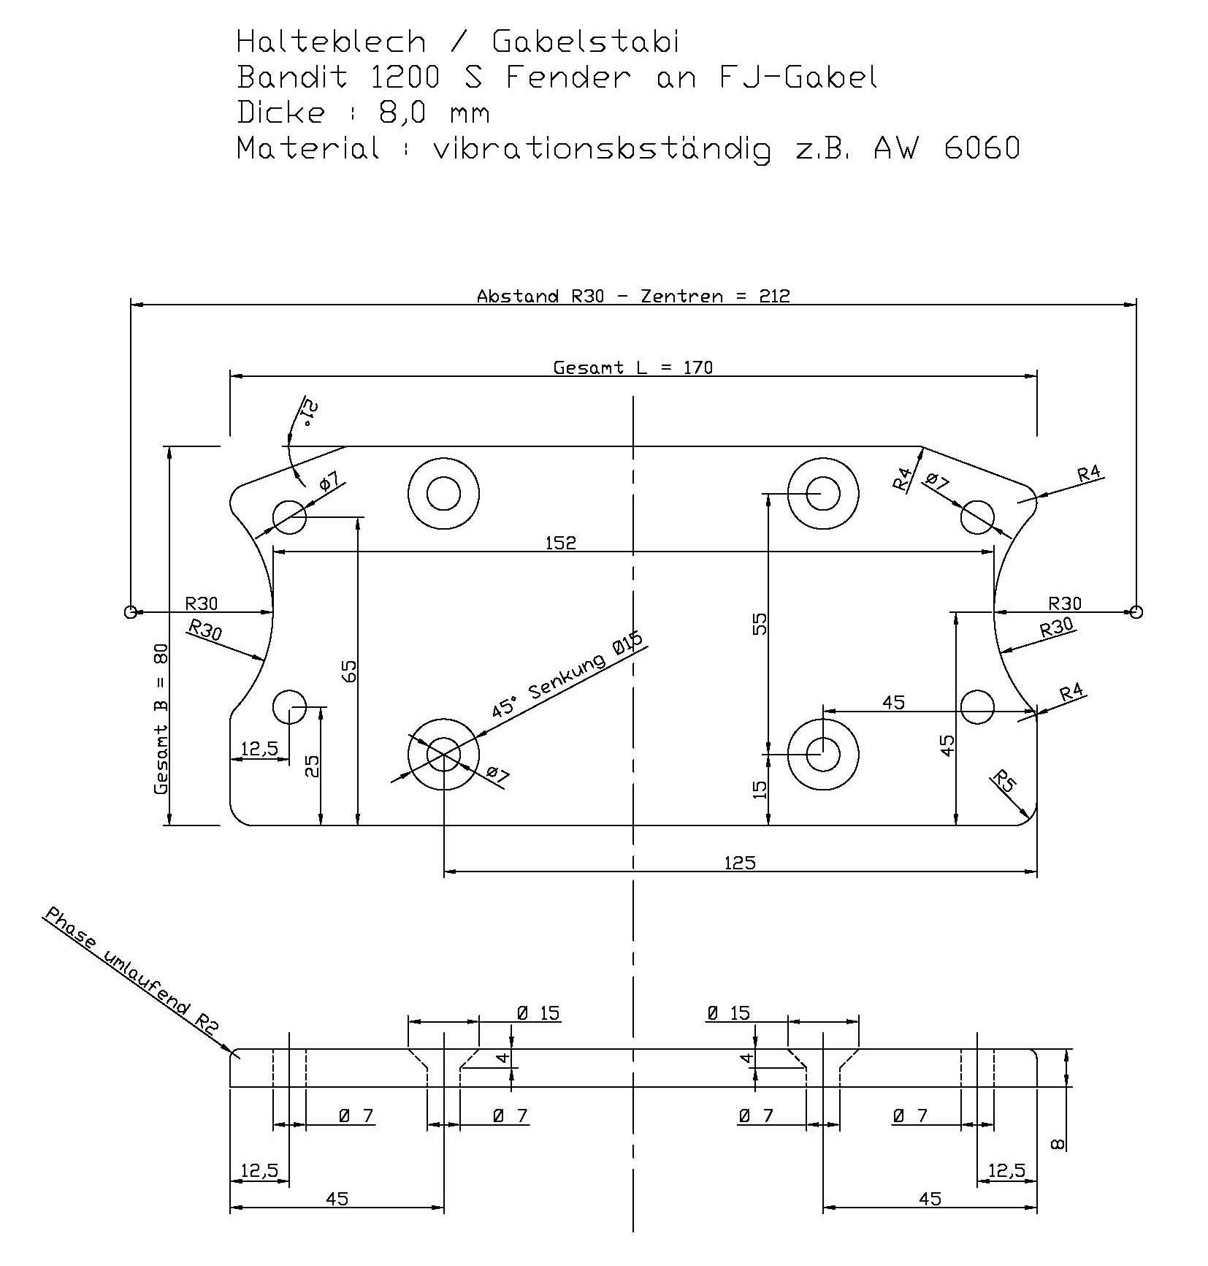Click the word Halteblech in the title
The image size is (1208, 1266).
[x=331, y=42]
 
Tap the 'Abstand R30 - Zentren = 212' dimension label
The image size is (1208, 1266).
[x=632, y=296]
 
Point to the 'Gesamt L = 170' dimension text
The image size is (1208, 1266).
[x=632, y=367]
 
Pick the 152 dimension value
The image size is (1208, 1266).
[x=560, y=543]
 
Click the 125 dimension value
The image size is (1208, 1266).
[x=740, y=863]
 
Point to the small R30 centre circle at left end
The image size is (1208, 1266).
[x=131, y=611]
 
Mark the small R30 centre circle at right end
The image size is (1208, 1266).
[x=1136, y=611]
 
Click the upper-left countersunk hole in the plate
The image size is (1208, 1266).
[x=443, y=495]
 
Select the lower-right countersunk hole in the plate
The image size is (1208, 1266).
[x=823, y=755]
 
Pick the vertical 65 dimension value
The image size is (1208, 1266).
[x=350, y=671]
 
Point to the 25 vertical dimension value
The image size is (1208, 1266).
[x=312, y=766]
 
